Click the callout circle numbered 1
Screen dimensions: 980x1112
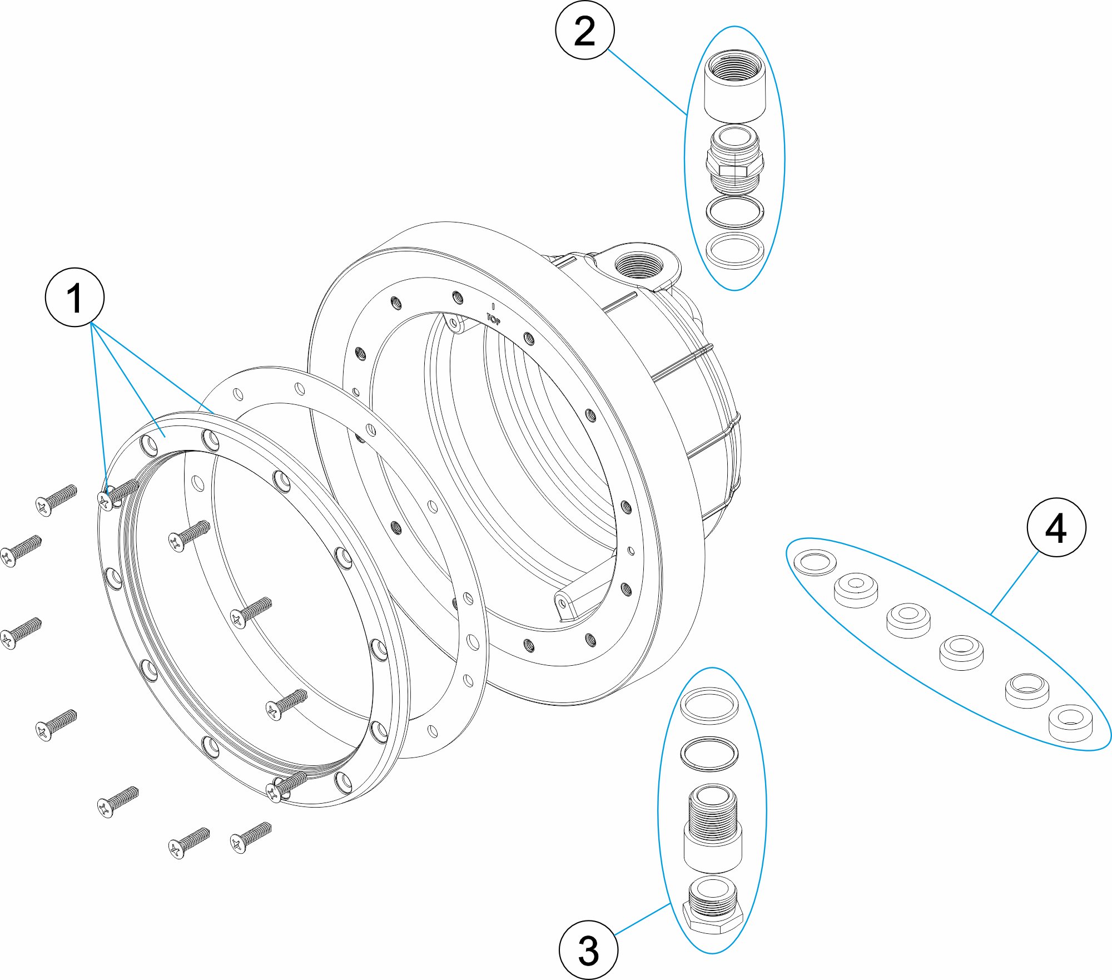point(75,297)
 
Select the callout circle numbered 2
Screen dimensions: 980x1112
point(584,31)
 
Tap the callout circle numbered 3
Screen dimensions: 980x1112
point(588,949)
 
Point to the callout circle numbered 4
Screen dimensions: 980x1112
point(1056,527)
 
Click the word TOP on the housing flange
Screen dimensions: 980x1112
point(494,319)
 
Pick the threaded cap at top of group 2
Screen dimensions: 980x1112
point(734,86)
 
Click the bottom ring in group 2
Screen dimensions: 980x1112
point(734,250)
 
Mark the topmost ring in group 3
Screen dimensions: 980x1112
point(709,705)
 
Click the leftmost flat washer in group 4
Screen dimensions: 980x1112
point(815,562)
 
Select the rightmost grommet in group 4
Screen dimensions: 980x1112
point(1070,722)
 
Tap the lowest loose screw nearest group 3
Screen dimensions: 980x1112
point(251,837)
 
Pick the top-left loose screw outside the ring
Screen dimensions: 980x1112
point(56,499)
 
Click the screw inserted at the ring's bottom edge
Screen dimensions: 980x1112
point(286,786)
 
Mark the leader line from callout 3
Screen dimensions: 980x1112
point(643,918)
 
